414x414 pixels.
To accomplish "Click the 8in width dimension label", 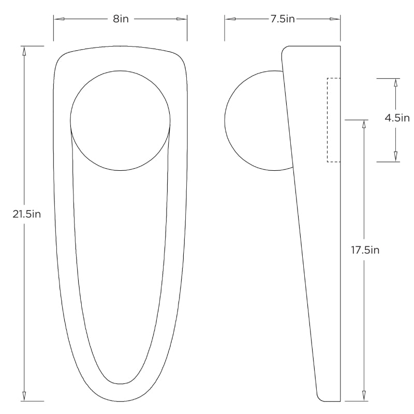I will click(120, 19).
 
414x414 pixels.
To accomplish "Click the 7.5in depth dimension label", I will click(282, 19).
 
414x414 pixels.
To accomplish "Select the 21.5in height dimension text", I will click(26, 214).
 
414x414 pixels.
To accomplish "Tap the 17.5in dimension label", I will click(365, 250).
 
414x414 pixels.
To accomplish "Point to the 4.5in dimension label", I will click(396, 117).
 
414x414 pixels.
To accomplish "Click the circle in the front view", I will click(120, 120).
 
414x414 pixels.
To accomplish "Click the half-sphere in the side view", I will click(254, 120).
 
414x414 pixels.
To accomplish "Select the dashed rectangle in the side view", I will click(333, 120).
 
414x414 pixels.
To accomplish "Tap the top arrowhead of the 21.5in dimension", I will click(24, 51).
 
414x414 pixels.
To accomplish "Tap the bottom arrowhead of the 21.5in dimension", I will click(24, 396).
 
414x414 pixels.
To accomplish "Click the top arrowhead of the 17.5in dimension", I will click(364, 125).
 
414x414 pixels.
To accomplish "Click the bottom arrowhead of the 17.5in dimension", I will click(364, 396).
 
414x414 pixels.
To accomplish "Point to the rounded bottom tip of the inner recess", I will click(120, 383).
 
